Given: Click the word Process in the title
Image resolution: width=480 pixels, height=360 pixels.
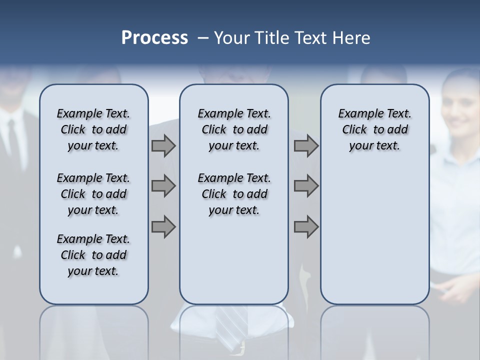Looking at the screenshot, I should click(154, 38).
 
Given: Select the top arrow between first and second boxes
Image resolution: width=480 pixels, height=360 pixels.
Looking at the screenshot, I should click(163, 146).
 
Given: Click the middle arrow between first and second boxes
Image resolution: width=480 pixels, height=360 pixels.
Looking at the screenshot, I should click(163, 186).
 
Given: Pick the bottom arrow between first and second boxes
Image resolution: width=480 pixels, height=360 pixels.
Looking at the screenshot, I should click(163, 226).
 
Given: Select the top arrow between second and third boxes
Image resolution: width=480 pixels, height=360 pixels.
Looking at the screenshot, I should click(306, 146).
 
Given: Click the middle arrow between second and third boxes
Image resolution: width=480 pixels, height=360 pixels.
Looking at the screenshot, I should click(306, 186).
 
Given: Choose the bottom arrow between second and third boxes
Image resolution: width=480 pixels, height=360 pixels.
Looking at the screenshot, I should click(306, 226).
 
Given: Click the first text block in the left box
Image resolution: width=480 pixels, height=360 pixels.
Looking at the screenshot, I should click(93, 129).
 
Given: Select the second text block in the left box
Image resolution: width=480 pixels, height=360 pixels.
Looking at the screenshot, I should click(93, 194).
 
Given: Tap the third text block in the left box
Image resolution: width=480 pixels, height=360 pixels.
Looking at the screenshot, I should click(93, 255).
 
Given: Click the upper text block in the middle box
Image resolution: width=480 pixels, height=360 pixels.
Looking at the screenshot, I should click(234, 129).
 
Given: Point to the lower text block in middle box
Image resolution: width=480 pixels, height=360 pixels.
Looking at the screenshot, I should click(234, 194).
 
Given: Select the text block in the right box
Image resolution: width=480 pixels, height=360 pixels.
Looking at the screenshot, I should click(374, 129).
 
